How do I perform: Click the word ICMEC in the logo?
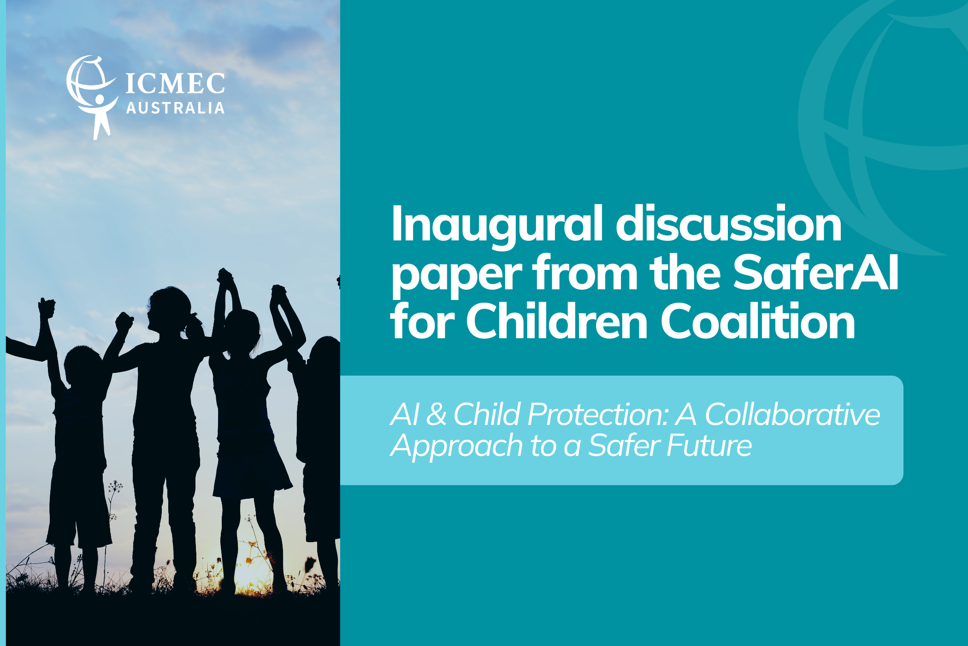pyautogui.click(x=175, y=84)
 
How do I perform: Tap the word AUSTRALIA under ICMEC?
pyautogui.click(x=175, y=108)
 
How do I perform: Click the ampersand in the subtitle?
pyautogui.click(x=436, y=414)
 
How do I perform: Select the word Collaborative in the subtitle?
pyautogui.click(x=792, y=414)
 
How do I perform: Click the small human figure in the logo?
pyautogui.click(x=100, y=115)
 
